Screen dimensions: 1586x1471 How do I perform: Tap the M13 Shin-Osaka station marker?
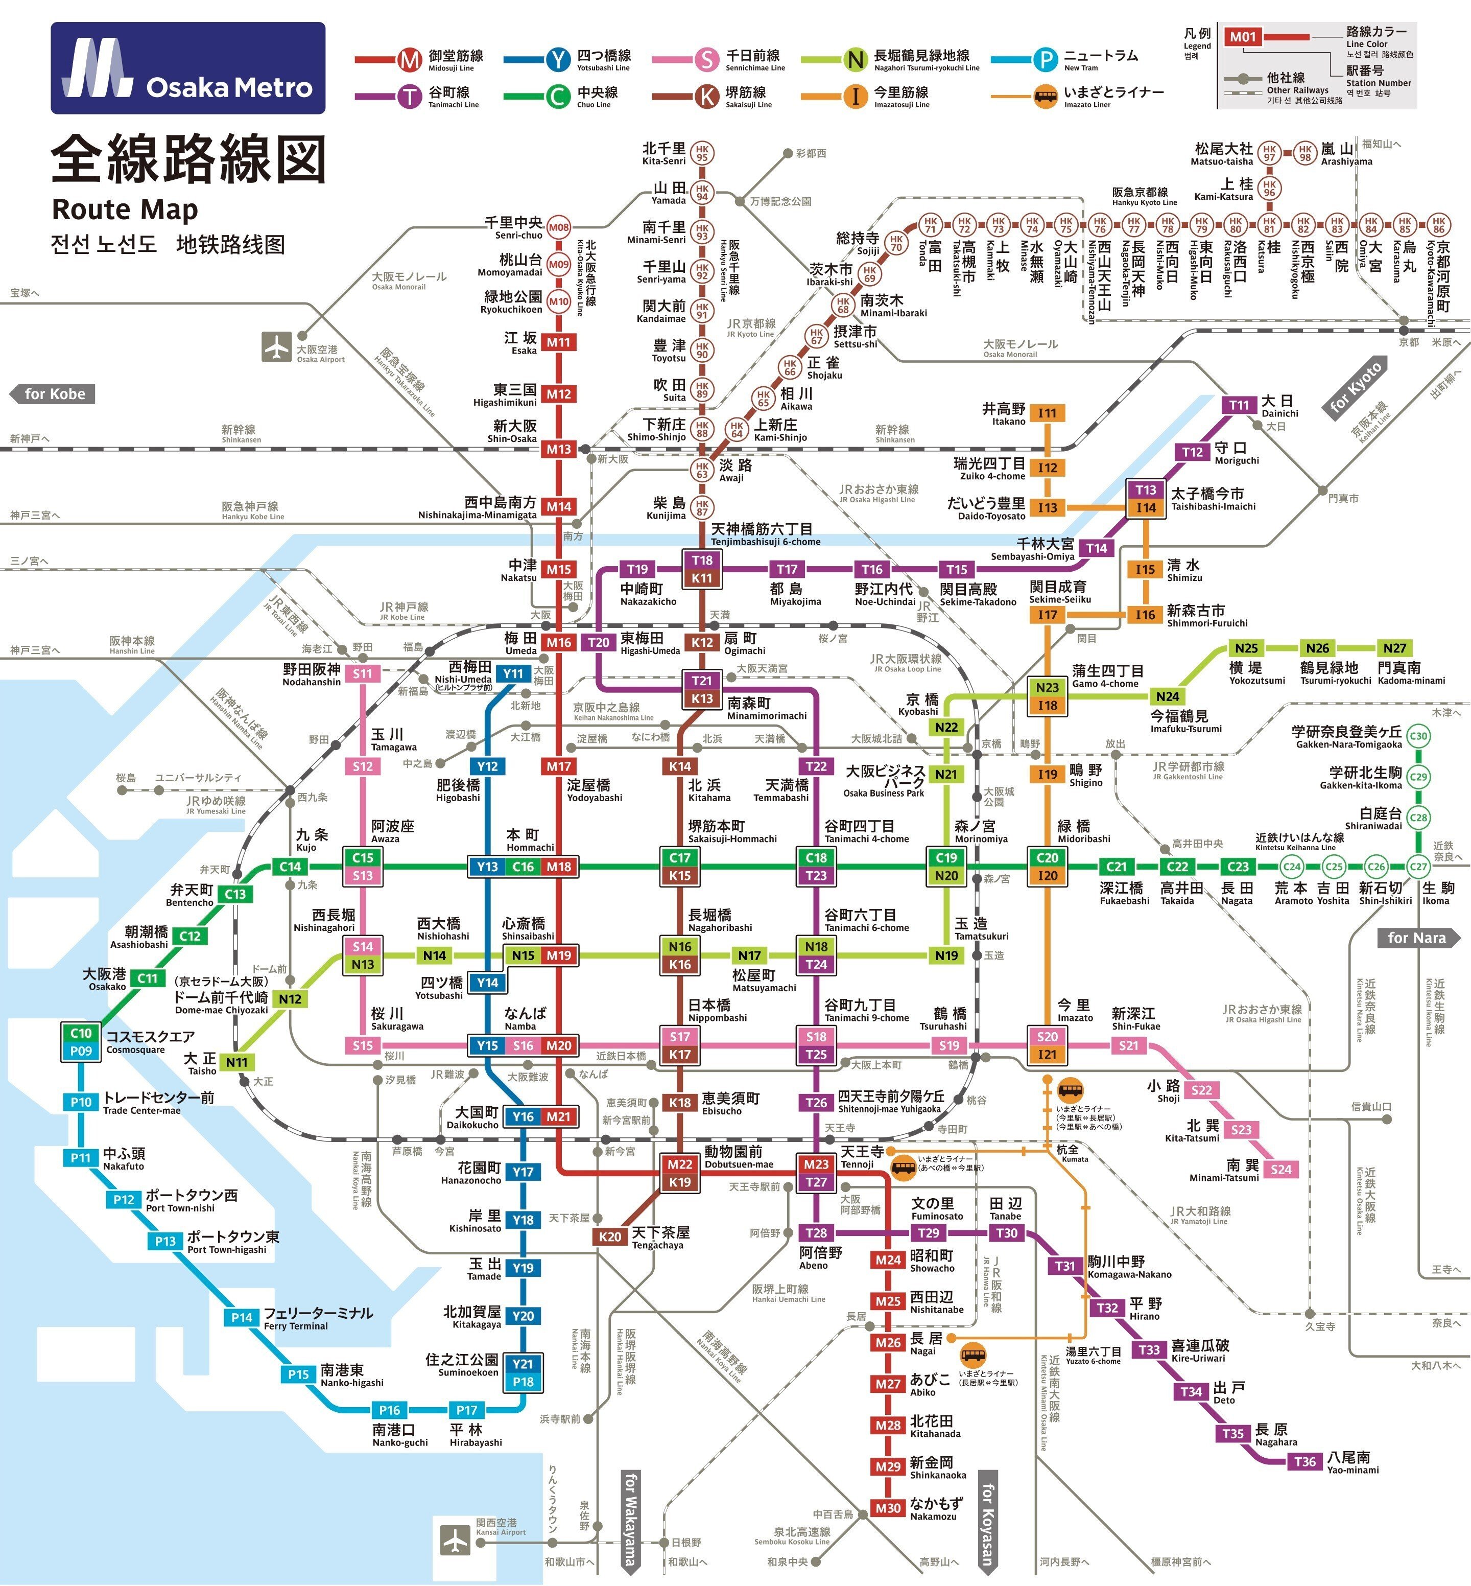pos(558,449)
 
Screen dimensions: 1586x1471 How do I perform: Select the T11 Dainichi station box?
pos(1239,405)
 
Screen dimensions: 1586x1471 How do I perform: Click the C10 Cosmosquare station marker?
pos(80,1033)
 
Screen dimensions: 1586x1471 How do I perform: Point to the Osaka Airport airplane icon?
pos(276,347)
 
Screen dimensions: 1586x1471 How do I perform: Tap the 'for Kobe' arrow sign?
pos(53,394)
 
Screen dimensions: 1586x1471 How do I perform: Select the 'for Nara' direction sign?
pos(1418,938)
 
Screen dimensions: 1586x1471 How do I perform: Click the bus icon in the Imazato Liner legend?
pos(1045,97)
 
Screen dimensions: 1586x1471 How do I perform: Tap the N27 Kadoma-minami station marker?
pos(1394,648)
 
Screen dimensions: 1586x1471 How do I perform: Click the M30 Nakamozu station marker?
pos(888,1507)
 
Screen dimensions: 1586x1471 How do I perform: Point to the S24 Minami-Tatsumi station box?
pos(1281,1169)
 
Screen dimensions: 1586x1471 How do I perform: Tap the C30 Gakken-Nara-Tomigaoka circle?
pos(1418,736)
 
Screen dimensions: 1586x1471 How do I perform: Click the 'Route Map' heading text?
pos(125,209)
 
